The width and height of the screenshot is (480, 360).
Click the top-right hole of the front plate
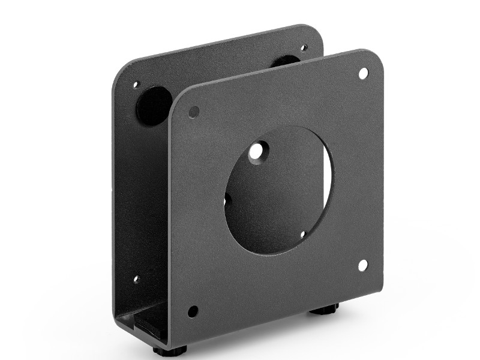[363, 73]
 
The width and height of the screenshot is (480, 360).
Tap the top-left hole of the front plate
[193, 112]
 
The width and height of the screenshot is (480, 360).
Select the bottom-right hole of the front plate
[362, 265]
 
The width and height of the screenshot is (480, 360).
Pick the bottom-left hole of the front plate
[193, 311]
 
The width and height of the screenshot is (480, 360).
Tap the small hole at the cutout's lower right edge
[303, 235]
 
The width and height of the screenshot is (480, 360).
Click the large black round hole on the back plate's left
[153, 105]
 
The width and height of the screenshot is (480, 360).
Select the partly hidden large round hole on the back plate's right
[287, 61]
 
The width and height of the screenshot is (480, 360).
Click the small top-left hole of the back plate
[136, 85]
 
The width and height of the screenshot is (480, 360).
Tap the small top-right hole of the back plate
[304, 47]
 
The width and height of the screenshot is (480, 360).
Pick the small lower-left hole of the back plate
[136, 279]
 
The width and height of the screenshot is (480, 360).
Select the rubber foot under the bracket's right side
[324, 310]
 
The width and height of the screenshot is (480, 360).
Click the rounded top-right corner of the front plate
[374, 58]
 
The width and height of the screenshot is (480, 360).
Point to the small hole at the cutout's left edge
[227, 197]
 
